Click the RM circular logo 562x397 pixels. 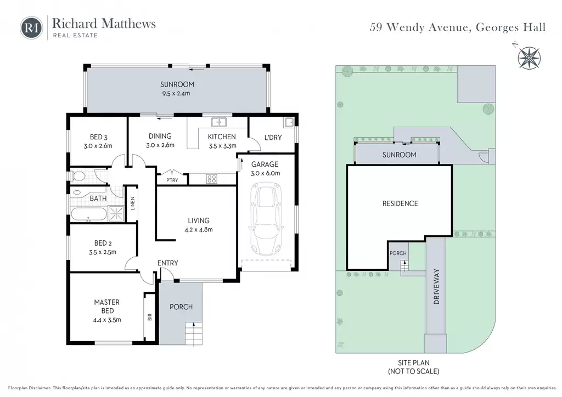(31, 27)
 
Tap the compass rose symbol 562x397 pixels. (529, 58)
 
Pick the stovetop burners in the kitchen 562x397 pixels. (211, 178)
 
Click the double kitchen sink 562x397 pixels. (218, 122)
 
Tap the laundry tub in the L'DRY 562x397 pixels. (289, 122)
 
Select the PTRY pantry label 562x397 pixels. (172, 180)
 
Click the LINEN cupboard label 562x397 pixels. (133, 203)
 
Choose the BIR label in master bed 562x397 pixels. (150, 317)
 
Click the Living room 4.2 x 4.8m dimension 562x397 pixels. (199, 229)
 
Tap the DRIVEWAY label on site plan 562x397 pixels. (436, 286)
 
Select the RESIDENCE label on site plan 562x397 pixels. (400, 203)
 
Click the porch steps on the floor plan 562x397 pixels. (194, 333)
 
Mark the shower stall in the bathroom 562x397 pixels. (116, 214)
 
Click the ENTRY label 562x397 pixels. (168, 263)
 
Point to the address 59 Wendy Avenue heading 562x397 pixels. (457, 27)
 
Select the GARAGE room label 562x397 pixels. (265, 164)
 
